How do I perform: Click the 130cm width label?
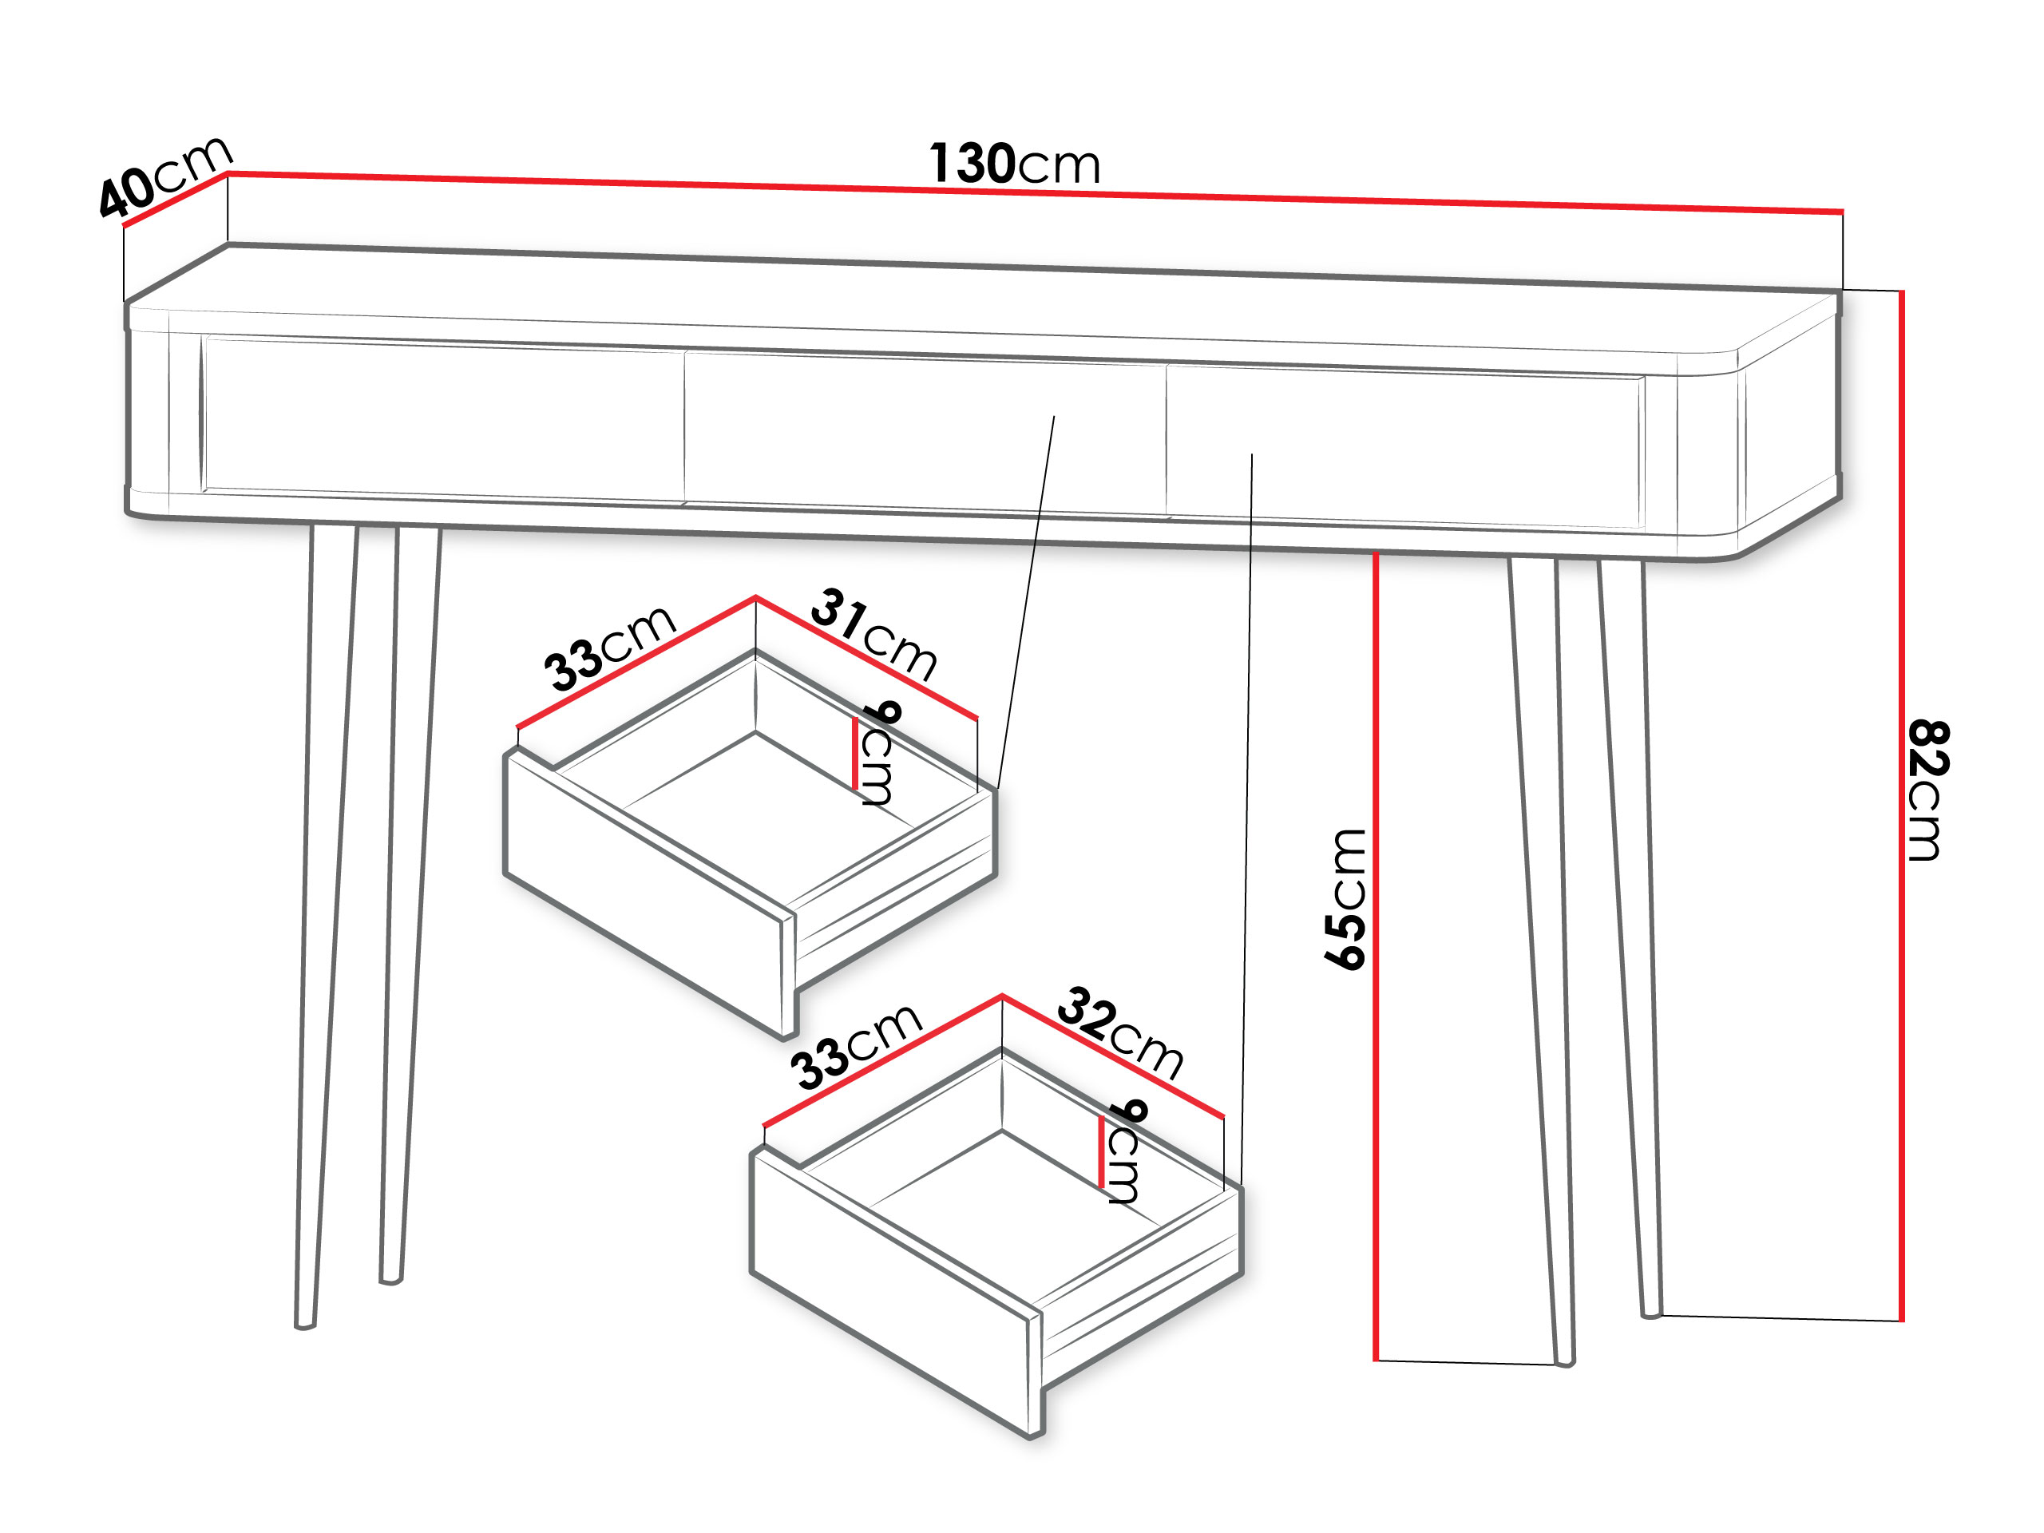(x=1014, y=164)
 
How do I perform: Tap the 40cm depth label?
(x=165, y=176)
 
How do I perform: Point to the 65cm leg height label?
(x=1345, y=899)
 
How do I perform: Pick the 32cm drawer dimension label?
(x=1120, y=1032)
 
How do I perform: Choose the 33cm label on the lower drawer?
(x=857, y=1046)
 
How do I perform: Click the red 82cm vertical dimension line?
(x=1902, y=806)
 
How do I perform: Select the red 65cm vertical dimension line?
(x=1376, y=957)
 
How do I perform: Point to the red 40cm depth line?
(x=176, y=200)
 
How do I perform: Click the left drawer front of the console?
(x=444, y=422)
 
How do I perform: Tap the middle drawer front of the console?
(x=925, y=434)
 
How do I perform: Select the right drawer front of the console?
(x=1404, y=448)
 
